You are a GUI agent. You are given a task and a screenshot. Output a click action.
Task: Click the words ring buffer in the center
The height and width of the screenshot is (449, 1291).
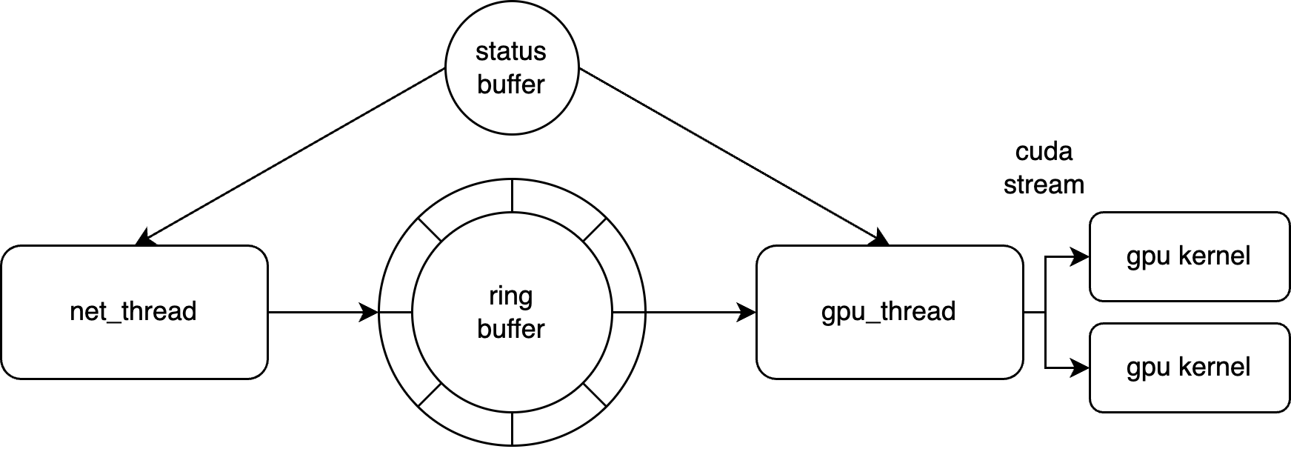point(511,312)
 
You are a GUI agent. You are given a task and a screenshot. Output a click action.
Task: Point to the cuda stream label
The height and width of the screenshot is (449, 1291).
point(1044,168)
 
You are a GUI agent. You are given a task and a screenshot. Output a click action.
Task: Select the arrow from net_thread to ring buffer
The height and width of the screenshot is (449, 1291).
point(318,312)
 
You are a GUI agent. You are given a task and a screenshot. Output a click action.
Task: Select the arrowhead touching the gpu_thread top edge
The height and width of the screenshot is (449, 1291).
point(879,239)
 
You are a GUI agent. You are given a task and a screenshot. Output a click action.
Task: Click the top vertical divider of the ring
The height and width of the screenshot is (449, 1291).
point(512,194)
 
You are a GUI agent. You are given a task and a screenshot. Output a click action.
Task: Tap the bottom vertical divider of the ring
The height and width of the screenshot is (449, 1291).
point(512,429)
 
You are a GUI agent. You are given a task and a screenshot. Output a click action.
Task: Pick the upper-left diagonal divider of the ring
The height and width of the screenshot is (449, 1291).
point(430,230)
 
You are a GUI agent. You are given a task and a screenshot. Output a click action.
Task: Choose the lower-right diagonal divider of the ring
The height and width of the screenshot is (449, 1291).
point(595,395)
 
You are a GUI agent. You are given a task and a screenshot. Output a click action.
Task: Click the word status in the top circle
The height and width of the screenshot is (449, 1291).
point(511,51)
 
